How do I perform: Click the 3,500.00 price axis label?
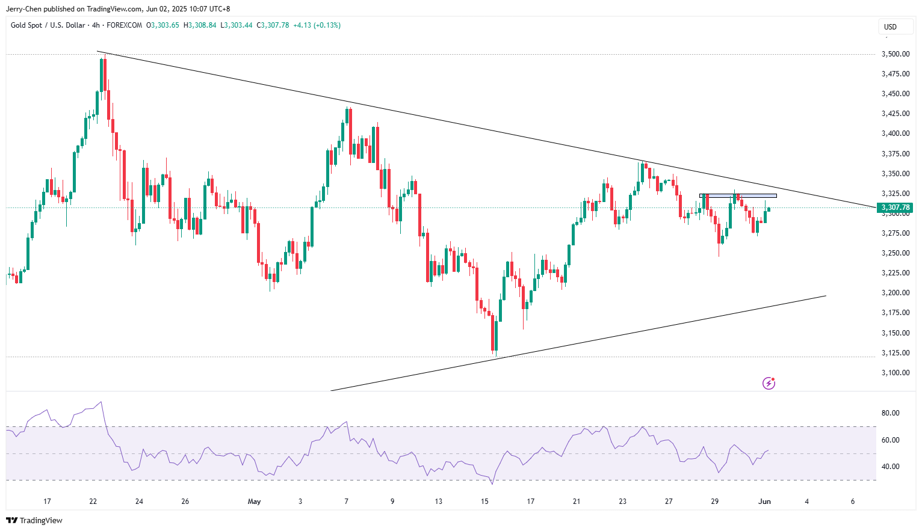point(895,54)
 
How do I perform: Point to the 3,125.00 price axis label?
point(895,353)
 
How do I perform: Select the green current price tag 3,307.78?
point(896,207)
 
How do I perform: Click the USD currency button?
point(890,26)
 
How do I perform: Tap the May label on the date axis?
point(254,502)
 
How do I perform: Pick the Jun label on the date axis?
point(764,502)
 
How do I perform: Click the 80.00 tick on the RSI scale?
point(890,413)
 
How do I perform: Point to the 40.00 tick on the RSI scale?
point(890,467)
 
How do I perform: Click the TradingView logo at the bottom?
point(34,520)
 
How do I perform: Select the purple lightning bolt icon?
point(769,383)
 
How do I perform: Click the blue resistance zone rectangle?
point(738,195)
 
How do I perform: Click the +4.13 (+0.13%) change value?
point(317,25)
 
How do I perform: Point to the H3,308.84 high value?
point(200,25)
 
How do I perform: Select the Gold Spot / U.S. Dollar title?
point(48,25)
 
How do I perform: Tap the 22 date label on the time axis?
point(93,502)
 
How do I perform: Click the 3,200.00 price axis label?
point(895,293)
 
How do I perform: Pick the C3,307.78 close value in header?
point(273,25)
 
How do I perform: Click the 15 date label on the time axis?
point(484,502)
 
